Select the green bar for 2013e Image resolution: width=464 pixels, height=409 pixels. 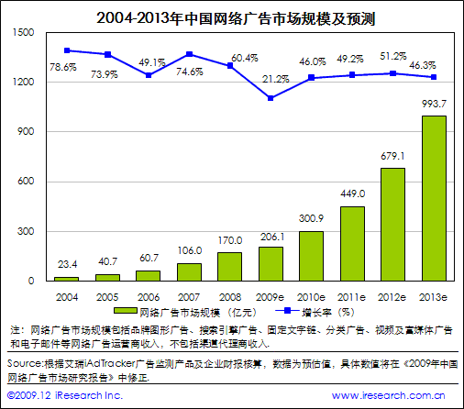[434, 197]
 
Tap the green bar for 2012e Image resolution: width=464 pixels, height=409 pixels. [392, 224]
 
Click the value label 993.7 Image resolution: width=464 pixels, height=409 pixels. [433, 104]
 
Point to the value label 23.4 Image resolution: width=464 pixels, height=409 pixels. [65, 265]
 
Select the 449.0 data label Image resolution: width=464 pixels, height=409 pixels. [352, 193]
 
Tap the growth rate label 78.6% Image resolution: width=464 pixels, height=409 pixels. [63, 67]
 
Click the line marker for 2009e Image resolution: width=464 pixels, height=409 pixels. [271, 98]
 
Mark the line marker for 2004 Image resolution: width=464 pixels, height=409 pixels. [67, 50]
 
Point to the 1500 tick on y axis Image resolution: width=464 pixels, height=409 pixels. [24, 33]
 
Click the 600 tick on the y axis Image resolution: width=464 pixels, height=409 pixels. [27, 182]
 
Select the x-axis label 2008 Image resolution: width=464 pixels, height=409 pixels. [229, 297]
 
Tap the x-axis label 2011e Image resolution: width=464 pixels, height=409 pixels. [352, 297]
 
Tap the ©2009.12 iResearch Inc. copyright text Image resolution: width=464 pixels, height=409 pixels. [63, 394]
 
